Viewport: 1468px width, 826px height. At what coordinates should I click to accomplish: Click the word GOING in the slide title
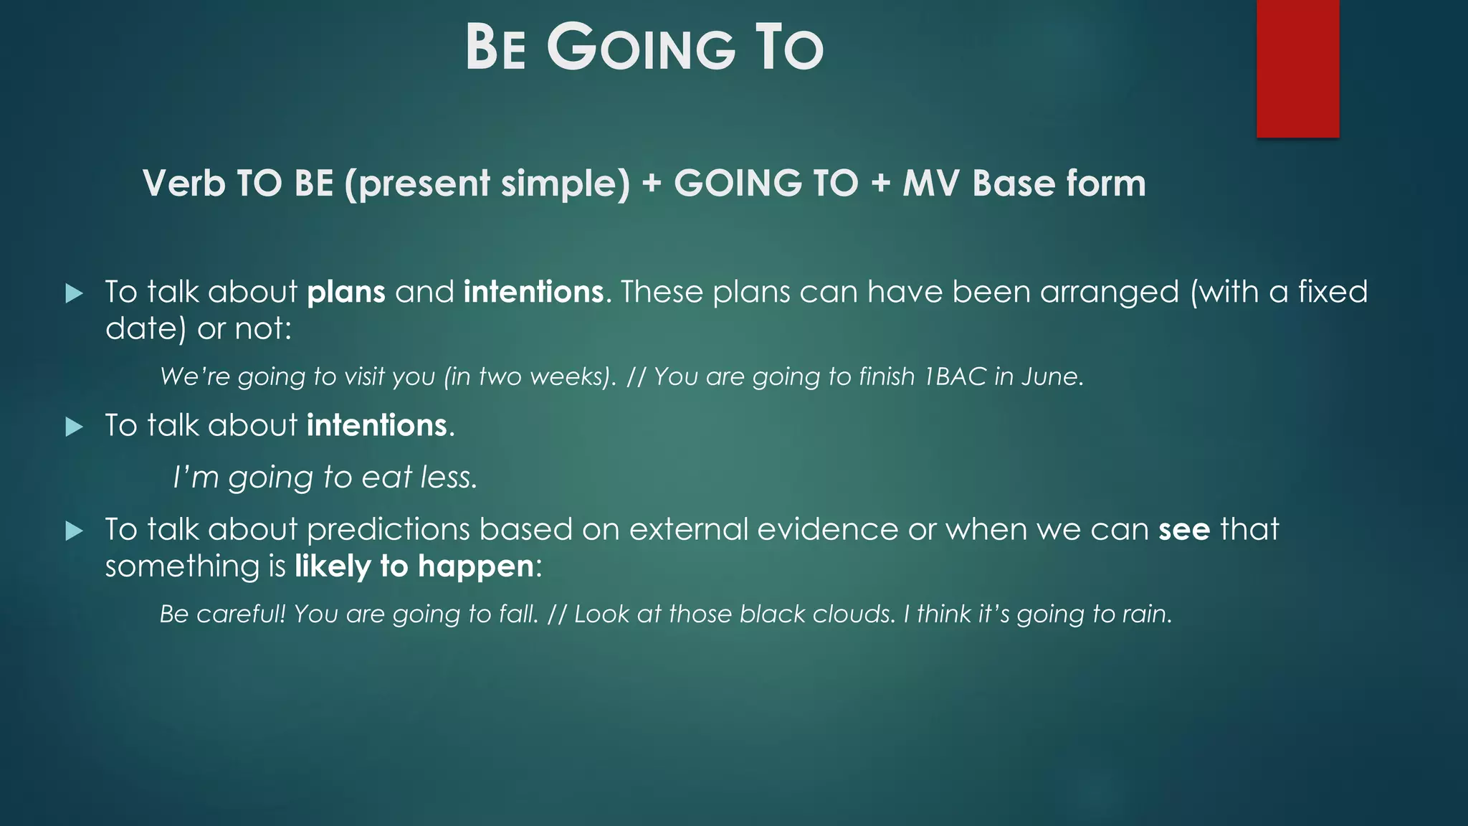pyautogui.click(x=642, y=48)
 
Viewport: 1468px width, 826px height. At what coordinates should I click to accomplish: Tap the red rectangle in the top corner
pyautogui.click(x=1297, y=68)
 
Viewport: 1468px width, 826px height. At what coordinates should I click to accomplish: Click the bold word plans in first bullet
pyautogui.click(x=346, y=292)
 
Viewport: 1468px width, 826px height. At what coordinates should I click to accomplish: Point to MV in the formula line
pyautogui.click(x=930, y=183)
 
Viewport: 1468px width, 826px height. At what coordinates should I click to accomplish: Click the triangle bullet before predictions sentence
pyautogui.click(x=74, y=531)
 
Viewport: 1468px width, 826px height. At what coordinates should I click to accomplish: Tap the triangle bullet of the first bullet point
pyautogui.click(x=74, y=293)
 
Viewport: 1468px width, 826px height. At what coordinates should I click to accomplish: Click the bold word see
pyautogui.click(x=1184, y=529)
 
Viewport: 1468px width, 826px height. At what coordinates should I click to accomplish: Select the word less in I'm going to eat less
pyautogui.click(x=448, y=478)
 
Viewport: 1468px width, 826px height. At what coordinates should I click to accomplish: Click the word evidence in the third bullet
pyautogui.click(x=827, y=529)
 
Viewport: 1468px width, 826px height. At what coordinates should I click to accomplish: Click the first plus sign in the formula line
pyautogui.click(x=652, y=183)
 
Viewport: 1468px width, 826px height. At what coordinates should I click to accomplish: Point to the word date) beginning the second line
pyautogui.click(x=146, y=329)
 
